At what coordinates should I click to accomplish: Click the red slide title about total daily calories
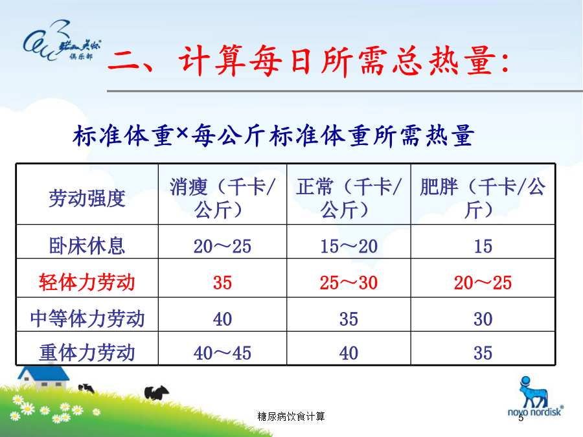(308, 61)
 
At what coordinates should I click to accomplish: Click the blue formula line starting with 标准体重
(273, 135)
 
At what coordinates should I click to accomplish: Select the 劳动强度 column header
(87, 198)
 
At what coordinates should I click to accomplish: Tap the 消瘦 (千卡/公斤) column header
(222, 198)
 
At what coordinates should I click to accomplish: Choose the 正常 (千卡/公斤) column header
(349, 198)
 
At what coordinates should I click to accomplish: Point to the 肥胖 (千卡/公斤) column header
(483, 198)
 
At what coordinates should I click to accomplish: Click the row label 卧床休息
(87, 246)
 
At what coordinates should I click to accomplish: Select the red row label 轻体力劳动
(87, 282)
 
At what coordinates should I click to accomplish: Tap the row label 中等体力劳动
(87, 319)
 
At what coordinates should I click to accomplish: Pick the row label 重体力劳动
(87, 353)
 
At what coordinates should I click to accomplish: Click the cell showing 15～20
(349, 247)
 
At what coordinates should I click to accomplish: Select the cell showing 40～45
(222, 353)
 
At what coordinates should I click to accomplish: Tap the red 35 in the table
(222, 283)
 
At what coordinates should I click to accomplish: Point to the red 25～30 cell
(349, 283)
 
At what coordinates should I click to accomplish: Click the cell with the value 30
(483, 319)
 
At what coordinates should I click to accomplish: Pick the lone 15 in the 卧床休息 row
(483, 247)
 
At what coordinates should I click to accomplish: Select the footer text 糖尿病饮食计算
(291, 416)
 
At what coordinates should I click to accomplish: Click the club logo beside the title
(62, 41)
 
